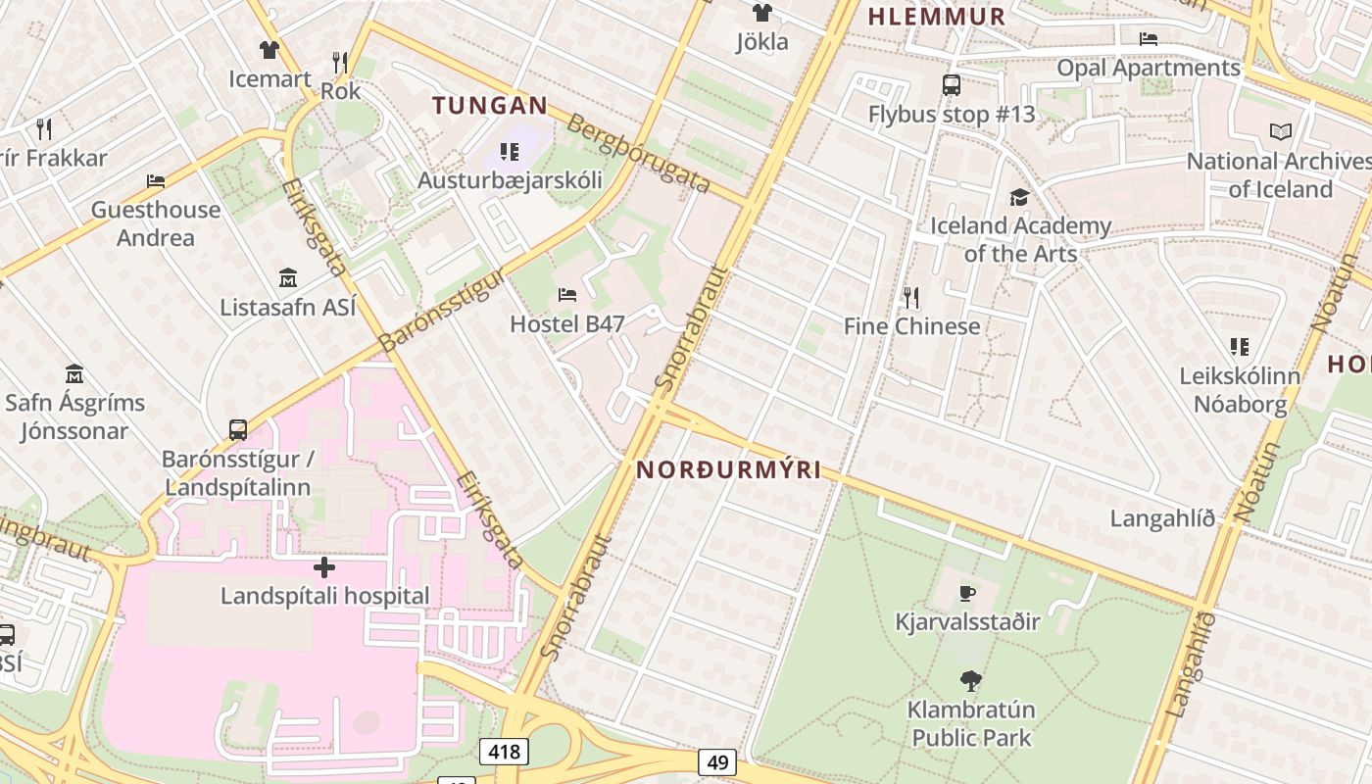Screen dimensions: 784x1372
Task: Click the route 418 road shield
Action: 504,752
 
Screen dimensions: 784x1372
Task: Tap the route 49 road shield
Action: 717,761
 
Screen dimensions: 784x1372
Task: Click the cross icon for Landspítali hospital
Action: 324,567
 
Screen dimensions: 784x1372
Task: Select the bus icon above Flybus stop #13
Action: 951,85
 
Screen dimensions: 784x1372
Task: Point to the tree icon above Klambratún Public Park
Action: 971,679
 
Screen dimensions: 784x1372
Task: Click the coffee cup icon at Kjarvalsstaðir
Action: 967,593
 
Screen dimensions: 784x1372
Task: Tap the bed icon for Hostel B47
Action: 567,294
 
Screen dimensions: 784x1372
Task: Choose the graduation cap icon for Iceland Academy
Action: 1019,197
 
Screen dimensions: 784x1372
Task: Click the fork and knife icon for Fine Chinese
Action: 911,296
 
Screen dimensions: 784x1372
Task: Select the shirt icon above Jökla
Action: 761,13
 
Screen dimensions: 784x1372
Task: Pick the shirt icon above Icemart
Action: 269,49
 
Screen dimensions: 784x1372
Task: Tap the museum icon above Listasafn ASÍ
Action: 287,277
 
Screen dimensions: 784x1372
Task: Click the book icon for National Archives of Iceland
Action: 1280,131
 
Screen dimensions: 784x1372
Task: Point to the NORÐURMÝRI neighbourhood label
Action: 729,469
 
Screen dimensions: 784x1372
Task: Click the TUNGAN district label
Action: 490,106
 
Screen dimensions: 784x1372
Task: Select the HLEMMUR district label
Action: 937,16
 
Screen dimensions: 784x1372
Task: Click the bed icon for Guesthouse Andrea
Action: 156,180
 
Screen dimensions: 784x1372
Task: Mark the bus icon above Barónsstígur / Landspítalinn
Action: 237,429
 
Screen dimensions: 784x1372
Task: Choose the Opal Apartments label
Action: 1148,68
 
